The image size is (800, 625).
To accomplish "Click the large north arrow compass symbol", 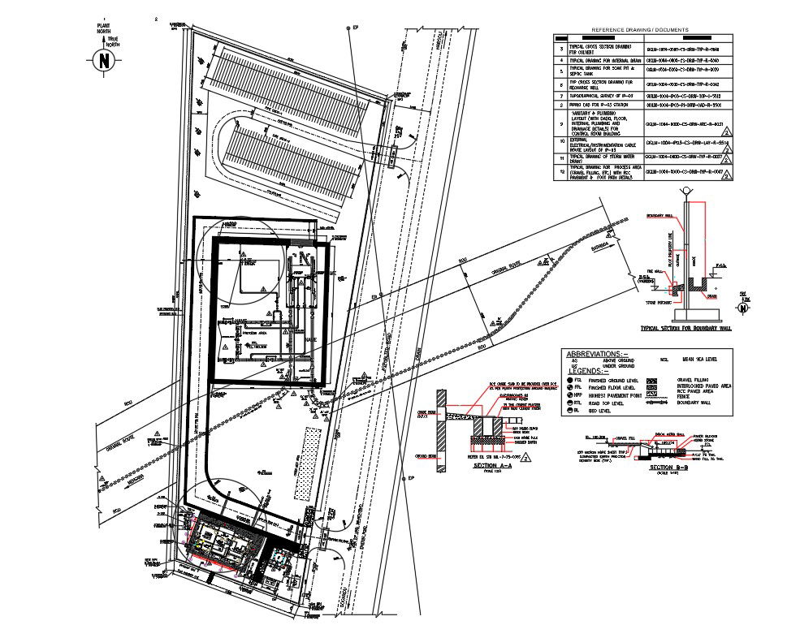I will tap(103, 60).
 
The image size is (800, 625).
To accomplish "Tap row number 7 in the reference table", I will tap(560, 95).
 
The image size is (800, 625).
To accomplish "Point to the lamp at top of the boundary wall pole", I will tap(688, 192).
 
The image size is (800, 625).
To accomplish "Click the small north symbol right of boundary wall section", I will tap(742, 307).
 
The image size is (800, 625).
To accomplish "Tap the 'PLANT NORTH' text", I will tap(104, 27).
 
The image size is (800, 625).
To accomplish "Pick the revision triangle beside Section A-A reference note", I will tap(526, 458).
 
